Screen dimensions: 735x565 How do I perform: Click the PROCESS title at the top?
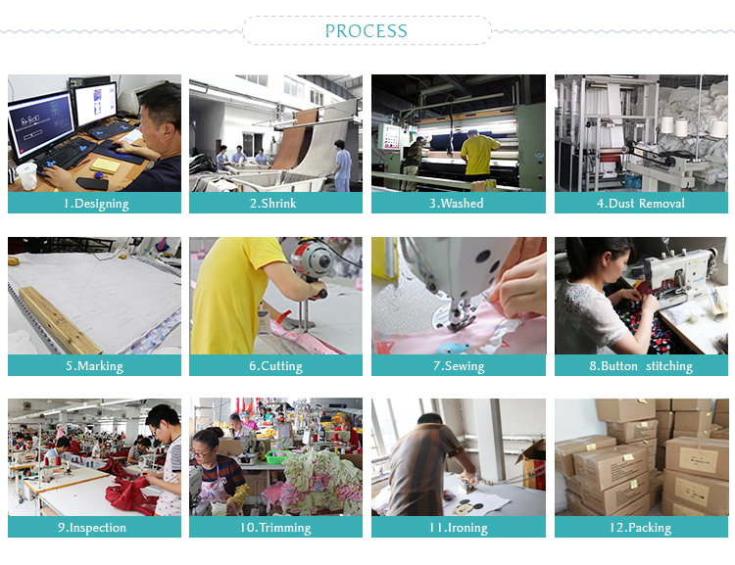click(367, 31)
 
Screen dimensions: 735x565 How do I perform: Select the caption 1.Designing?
click(96, 204)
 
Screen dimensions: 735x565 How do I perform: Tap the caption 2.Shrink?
click(272, 204)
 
